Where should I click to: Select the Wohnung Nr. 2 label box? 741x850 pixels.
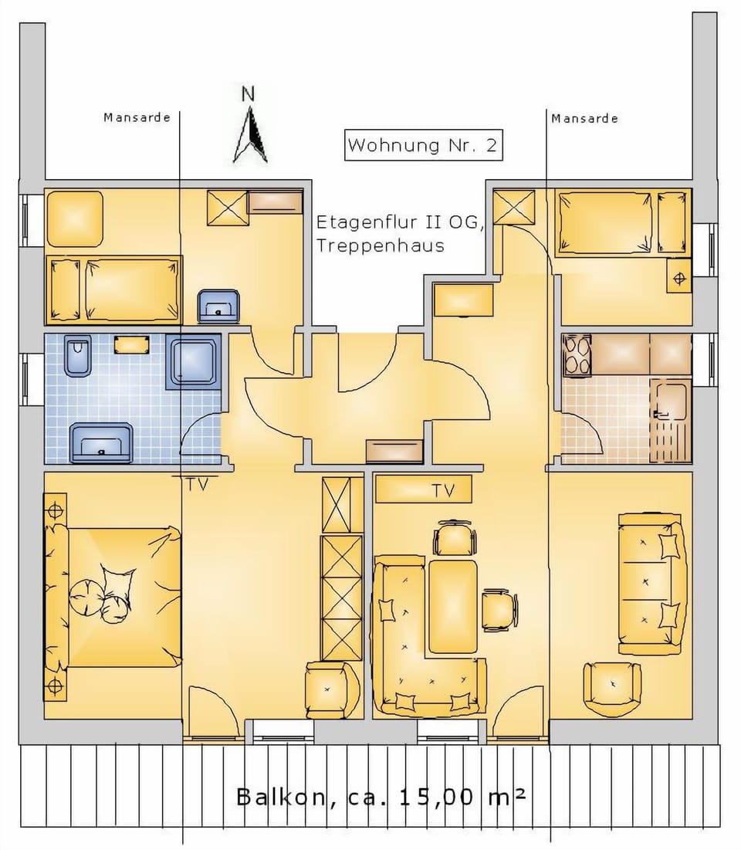pos(423,145)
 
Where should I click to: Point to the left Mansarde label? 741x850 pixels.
pos(137,118)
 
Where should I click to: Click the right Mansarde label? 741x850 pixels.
pos(584,119)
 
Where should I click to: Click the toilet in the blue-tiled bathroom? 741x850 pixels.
pos(78,356)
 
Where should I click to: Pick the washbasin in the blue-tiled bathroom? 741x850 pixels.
pos(100,443)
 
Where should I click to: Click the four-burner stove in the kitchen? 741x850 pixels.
pos(577,356)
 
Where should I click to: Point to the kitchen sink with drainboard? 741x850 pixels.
pos(670,422)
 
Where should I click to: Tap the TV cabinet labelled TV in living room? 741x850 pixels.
pos(423,489)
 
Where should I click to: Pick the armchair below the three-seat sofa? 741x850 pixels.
pos(612,687)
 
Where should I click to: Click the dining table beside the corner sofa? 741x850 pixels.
pos(453,606)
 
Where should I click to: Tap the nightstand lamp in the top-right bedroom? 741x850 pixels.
pos(679,279)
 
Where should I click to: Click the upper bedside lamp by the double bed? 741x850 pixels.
pos(56,510)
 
